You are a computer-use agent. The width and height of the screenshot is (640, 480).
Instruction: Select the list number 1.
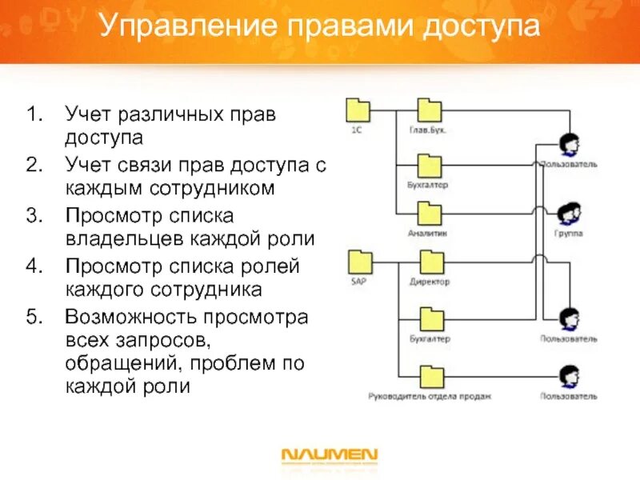click(x=32, y=114)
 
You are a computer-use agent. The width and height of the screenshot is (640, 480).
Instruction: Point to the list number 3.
click(x=32, y=216)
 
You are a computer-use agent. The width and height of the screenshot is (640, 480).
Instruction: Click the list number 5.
click(x=32, y=317)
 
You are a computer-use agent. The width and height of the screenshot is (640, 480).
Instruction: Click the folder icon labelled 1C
click(x=357, y=110)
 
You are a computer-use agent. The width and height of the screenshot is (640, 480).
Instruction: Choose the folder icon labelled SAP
click(x=359, y=262)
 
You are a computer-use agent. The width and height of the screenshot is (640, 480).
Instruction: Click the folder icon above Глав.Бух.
click(x=430, y=110)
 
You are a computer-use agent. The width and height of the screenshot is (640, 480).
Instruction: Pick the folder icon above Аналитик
click(x=430, y=214)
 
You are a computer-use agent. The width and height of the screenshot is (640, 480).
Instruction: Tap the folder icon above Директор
click(x=431, y=262)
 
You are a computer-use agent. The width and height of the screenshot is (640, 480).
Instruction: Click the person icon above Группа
click(x=568, y=214)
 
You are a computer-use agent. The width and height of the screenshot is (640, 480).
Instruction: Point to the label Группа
click(x=568, y=234)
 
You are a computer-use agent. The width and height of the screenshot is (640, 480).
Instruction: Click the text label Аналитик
click(x=426, y=234)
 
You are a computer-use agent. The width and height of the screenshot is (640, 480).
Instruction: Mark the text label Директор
click(x=430, y=282)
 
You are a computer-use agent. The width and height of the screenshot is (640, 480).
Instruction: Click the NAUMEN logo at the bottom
click(x=329, y=456)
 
